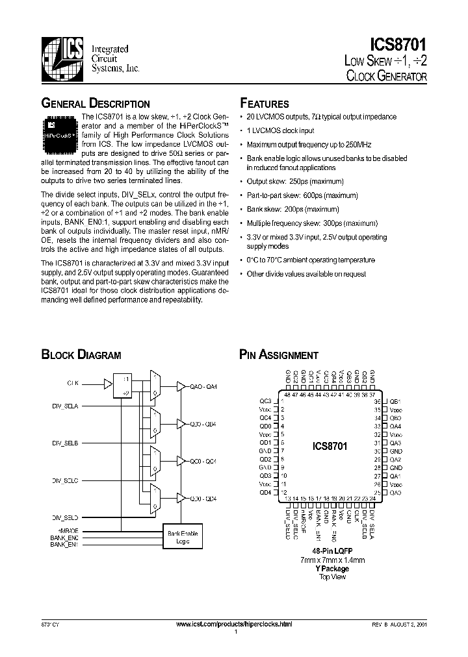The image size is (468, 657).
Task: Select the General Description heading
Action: [x=96, y=104]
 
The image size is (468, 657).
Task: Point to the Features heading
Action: [x=265, y=104]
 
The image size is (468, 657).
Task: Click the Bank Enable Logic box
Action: [x=183, y=538]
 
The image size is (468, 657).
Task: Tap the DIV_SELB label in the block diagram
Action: [x=66, y=443]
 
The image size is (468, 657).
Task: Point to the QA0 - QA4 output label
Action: [x=203, y=387]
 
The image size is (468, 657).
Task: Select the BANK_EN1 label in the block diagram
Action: [x=64, y=544]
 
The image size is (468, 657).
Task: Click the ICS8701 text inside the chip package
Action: [x=330, y=447]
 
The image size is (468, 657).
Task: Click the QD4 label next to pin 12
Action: [x=265, y=492]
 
